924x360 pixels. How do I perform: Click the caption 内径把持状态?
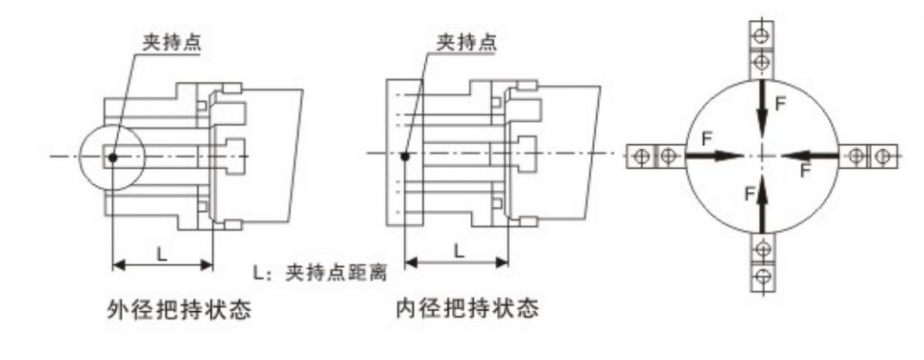tap(467, 307)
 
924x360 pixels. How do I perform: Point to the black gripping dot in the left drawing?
tap(113, 157)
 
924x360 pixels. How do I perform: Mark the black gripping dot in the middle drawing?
tap(404, 156)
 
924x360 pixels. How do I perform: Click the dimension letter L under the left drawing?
tap(162, 254)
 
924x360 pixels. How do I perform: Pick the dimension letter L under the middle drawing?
tap(459, 251)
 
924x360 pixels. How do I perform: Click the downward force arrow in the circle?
tap(762, 109)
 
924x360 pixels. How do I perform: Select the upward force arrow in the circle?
tap(762, 202)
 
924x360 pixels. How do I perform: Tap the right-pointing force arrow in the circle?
tap(715, 156)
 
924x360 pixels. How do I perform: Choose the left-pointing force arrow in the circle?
tap(809, 156)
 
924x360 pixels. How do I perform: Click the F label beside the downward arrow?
tap(780, 105)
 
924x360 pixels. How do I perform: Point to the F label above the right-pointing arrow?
tap(707, 139)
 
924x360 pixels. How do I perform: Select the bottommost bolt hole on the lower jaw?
tap(762, 275)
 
